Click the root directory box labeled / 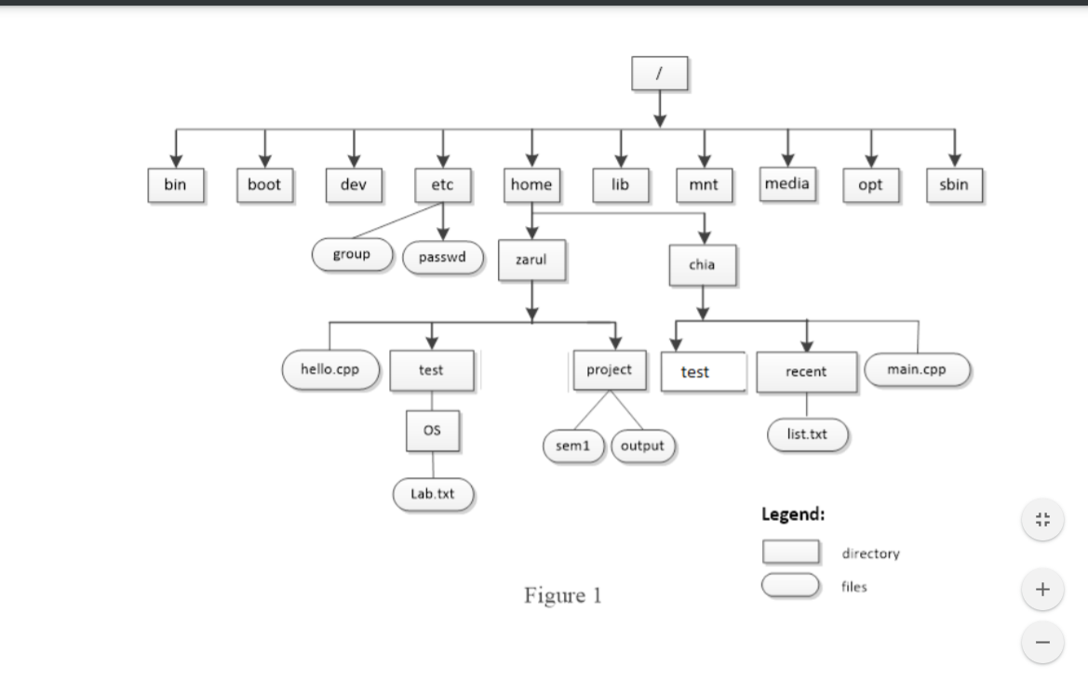(659, 73)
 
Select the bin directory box (176, 185)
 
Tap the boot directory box (264, 185)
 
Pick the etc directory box (443, 185)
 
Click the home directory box (531, 185)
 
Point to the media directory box (786, 184)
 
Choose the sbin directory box (954, 185)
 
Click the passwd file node (443, 258)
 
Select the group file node (352, 255)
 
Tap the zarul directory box (531, 260)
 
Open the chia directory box (702, 265)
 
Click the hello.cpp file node (330, 369)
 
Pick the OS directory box (432, 431)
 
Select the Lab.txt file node (433, 495)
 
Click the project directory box (610, 370)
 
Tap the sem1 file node (573, 446)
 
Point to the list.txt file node (807, 435)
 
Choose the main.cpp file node (917, 369)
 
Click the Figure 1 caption (563, 596)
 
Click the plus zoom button (1042, 590)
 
